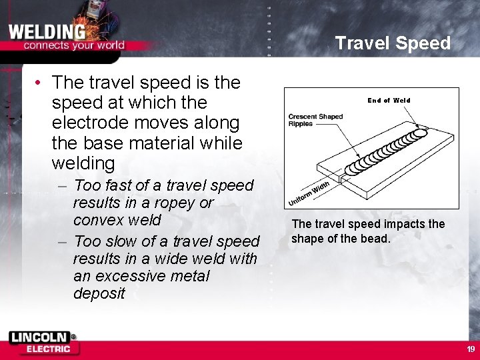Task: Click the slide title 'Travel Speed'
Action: (392, 43)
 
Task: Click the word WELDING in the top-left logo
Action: (47, 31)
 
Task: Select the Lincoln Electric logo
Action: (44, 343)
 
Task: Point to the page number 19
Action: (471, 349)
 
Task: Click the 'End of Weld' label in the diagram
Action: (389, 101)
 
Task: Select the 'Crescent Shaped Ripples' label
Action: (315, 120)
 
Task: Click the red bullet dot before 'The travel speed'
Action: (41, 83)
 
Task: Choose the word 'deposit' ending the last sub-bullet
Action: (99, 293)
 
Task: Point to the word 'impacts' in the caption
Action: (406, 224)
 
